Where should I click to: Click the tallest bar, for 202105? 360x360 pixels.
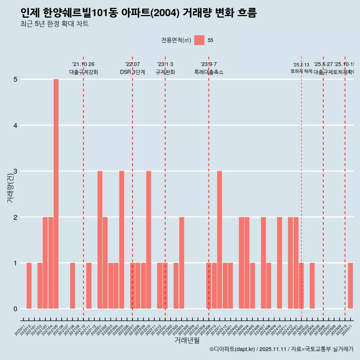pos(56,194)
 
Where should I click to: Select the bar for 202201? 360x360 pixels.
pos(100,240)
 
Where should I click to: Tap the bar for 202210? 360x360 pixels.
pos(149,240)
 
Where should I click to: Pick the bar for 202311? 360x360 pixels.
pos(220,240)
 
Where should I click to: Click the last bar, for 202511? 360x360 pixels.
pos(350,286)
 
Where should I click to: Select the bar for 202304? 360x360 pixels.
pos(181,262)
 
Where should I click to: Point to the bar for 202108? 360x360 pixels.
pos(72,286)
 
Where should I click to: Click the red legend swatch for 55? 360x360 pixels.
pos(199,40)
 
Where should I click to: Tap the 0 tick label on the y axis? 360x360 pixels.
pos(16,309)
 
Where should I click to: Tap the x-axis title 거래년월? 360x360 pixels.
pos(187,340)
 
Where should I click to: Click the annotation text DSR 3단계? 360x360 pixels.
pos(132,72)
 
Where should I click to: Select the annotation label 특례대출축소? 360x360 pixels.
pos(209,72)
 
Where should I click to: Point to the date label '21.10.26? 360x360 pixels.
pos(83,64)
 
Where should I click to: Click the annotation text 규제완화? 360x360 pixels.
pos(165,72)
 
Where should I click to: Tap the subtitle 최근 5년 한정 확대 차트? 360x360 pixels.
pos(54,24)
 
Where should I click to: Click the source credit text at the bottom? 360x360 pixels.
pos(281,349)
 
